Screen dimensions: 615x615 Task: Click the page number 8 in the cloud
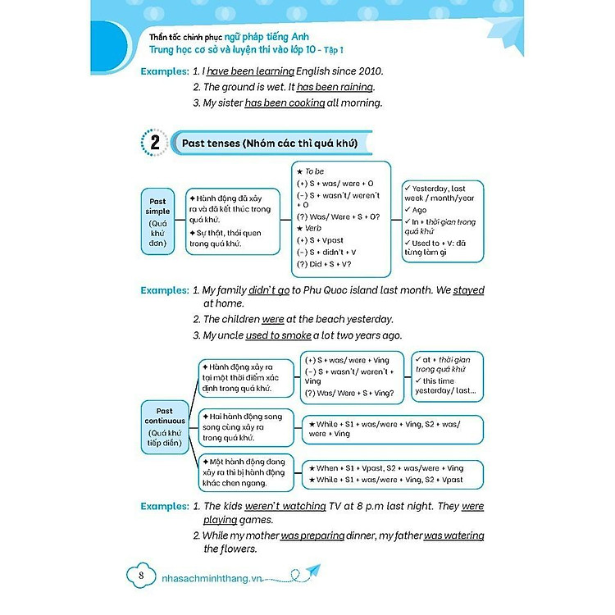pos(141,576)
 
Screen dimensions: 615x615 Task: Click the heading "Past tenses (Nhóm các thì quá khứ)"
pos(269,143)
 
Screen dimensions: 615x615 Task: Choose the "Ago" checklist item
pos(421,210)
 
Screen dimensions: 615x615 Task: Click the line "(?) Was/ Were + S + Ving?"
pos(348,393)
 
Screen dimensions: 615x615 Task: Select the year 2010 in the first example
pos(367,71)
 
